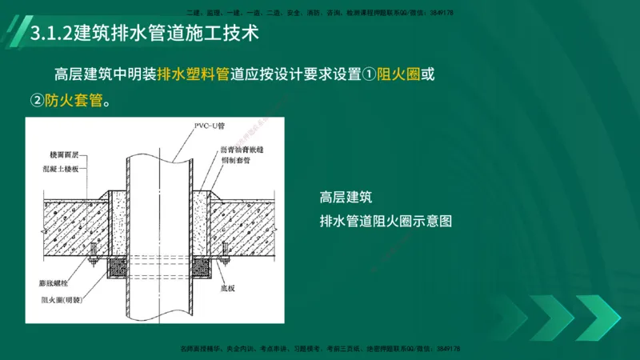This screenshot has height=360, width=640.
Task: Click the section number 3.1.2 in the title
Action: [x=50, y=35]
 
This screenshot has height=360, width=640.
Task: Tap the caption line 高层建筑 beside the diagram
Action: [x=346, y=197]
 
